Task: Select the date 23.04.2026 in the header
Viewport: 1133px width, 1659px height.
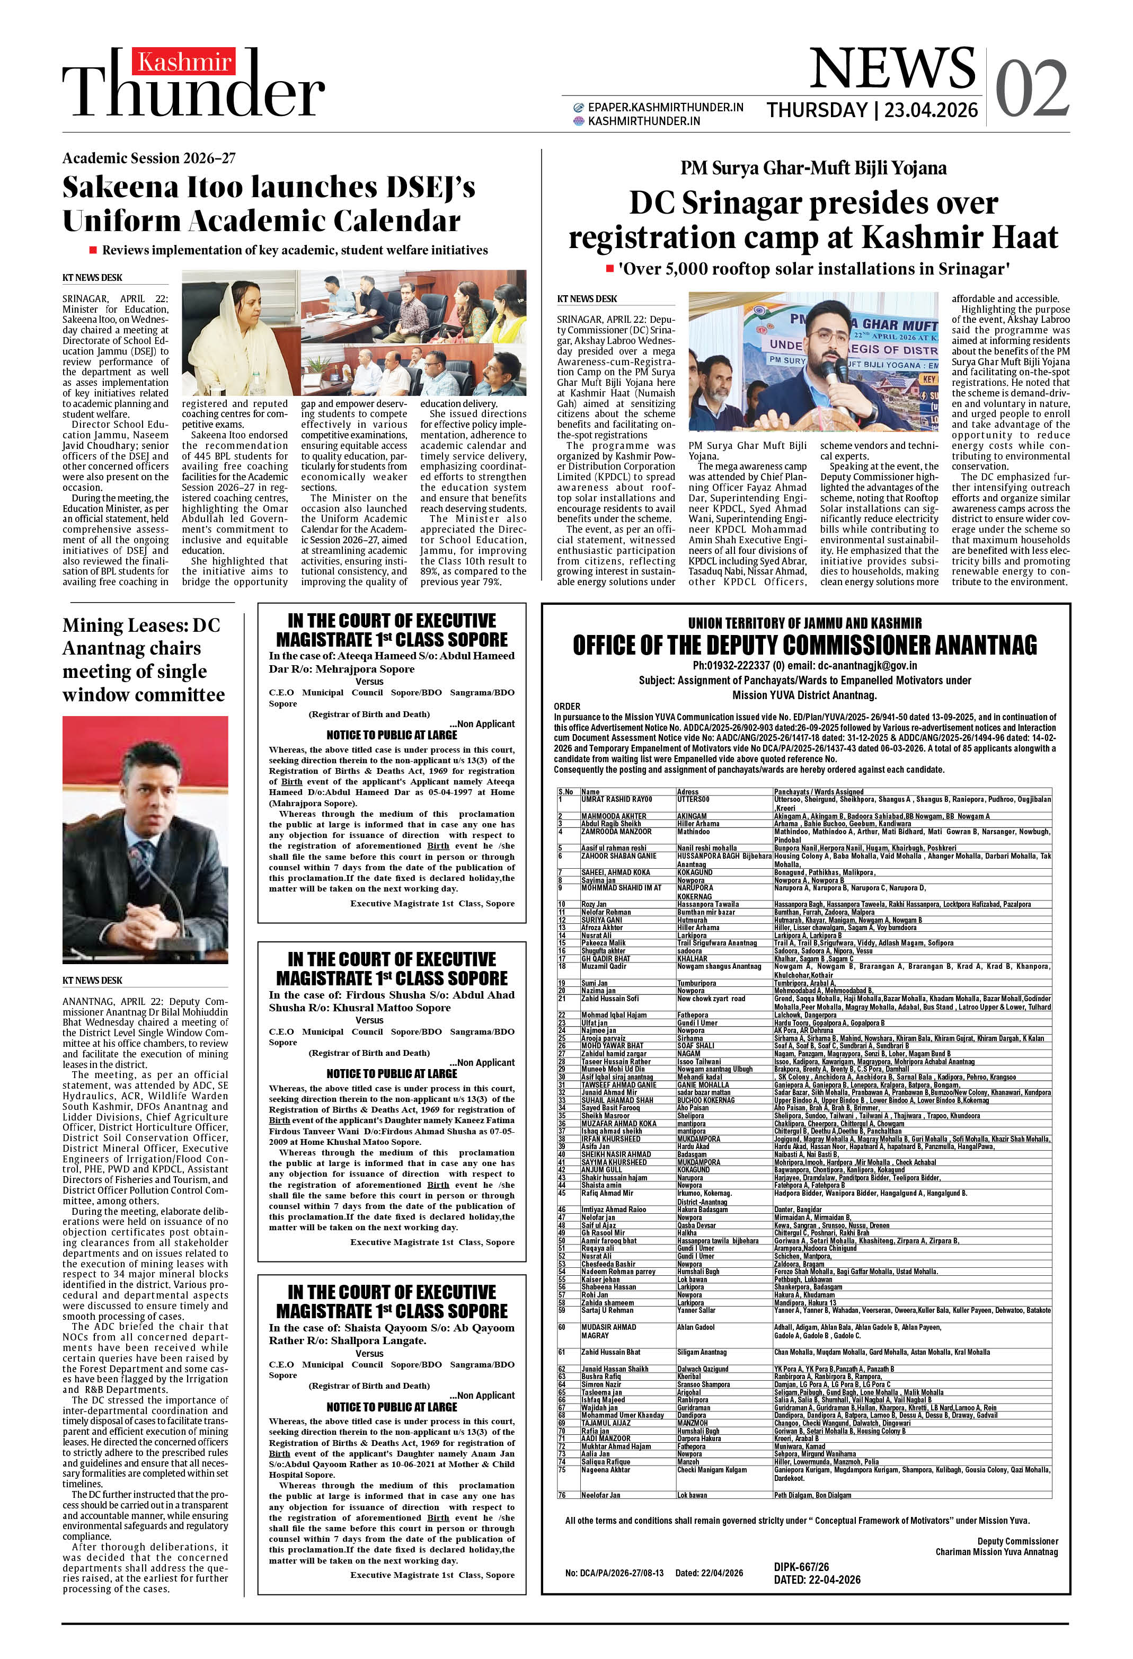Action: coord(930,110)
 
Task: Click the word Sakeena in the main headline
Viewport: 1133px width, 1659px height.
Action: coord(119,188)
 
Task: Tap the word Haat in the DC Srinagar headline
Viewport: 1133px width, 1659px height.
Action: coord(1020,237)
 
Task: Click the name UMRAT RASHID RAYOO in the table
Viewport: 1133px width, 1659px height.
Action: coord(616,799)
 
